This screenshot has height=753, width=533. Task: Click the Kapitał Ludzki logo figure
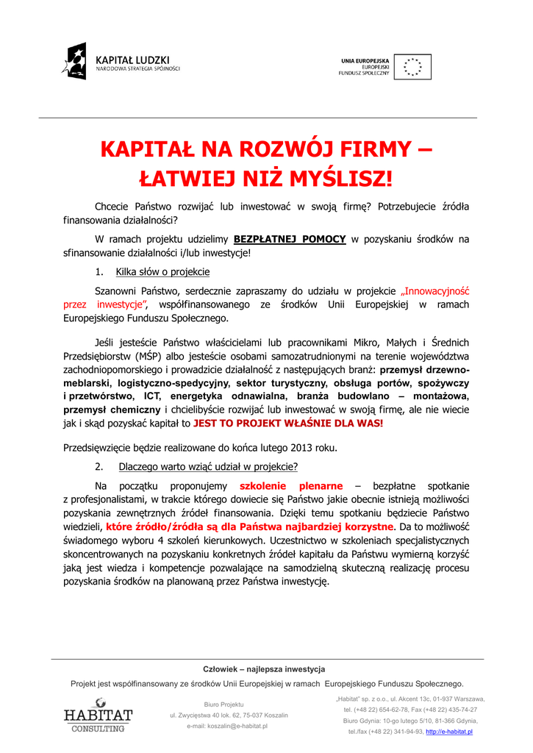pyautogui.click(x=76, y=61)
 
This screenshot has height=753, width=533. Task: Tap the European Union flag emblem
pyautogui.click(x=412, y=67)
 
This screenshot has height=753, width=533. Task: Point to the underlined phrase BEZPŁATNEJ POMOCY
pyautogui.click(x=290, y=239)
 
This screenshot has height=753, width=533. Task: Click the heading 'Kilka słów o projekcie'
pyautogui.click(x=162, y=272)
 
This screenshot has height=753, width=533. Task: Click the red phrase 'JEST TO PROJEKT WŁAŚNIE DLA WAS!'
pyautogui.click(x=288, y=424)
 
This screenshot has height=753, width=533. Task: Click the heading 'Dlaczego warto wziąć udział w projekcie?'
pyautogui.click(x=208, y=467)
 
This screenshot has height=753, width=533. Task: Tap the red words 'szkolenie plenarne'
pyautogui.click(x=291, y=486)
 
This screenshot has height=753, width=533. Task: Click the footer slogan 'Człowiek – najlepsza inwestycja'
pyautogui.click(x=264, y=669)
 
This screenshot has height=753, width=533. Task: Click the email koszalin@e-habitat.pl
pyautogui.click(x=227, y=727)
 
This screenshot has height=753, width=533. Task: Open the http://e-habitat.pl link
pyautogui.click(x=449, y=732)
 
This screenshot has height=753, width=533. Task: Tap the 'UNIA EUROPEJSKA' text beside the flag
pyautogui.click(x=365, y=60)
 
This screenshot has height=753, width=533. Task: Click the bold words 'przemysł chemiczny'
pyautogui.click(x=112, y=410)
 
